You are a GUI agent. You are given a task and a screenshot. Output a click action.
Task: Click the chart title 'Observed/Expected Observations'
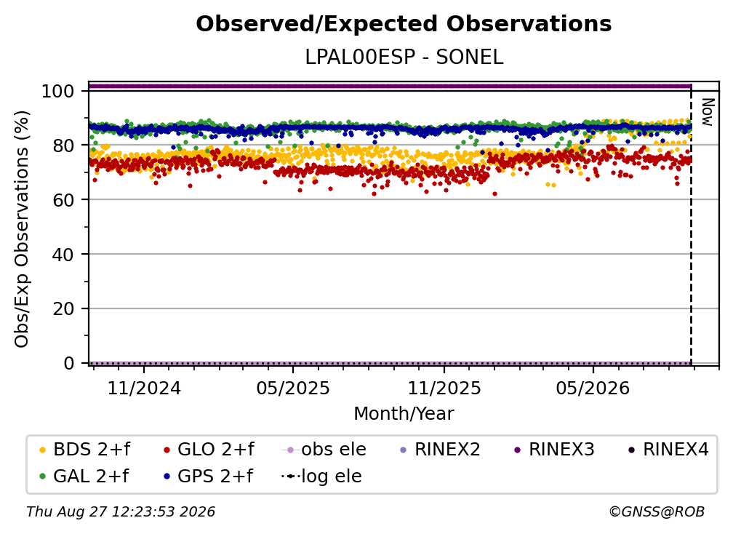pyautogui.click(x=404, y=24)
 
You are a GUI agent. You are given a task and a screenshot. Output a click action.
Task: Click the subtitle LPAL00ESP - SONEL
pyautogui.click(x=404, y=57)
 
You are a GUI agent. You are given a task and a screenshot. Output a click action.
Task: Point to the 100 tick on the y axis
pyautogui.click(x=58, y=91)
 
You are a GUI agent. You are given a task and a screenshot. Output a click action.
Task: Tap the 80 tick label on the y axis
pyautogui.click(x=63, y=146)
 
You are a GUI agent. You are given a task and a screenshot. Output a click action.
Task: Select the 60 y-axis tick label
pyautogui.click(x=63, y=200)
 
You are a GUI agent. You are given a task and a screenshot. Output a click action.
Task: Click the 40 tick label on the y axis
pyautogui.click(x=63, y=255)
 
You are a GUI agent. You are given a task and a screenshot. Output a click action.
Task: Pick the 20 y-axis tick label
pyautogui.click(x=63, y=308)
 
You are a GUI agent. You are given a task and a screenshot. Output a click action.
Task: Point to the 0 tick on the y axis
pyautogui.click(x=69, y=363)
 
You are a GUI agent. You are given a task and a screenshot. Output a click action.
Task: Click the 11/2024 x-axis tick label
pyautogui.click(x=144, y=388)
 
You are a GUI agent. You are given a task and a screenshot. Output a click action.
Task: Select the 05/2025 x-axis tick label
pyautogui.click(x=293, y=388)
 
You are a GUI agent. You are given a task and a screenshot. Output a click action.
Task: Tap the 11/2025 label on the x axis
pyautogui.click(x=444, y=388)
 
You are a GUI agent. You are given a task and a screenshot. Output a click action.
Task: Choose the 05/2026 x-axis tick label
pyautogui.click(x=593, y=388)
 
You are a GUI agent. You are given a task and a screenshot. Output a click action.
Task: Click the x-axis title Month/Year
pyautogui.click(x=404, y=414)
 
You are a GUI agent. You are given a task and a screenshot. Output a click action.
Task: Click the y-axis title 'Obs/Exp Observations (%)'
pyautogui.click(x=22, y=229)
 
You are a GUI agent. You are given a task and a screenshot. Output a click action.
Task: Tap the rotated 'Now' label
pyautogui.click(x=708, y=112)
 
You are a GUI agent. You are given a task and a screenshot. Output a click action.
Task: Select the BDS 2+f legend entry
pyautogui.click(x=85, y=450)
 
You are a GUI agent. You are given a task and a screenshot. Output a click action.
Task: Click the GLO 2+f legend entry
pyautogui.click(x=209, y=450)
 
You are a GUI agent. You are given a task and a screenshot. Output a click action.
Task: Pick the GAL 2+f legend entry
pyautogui.click(x=84, y=476)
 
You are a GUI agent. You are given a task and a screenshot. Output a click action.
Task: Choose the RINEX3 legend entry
pyautogui.click(x=554, y=450)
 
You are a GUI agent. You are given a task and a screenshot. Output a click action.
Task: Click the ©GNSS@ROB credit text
pyautogui.click(x=657, y=512)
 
